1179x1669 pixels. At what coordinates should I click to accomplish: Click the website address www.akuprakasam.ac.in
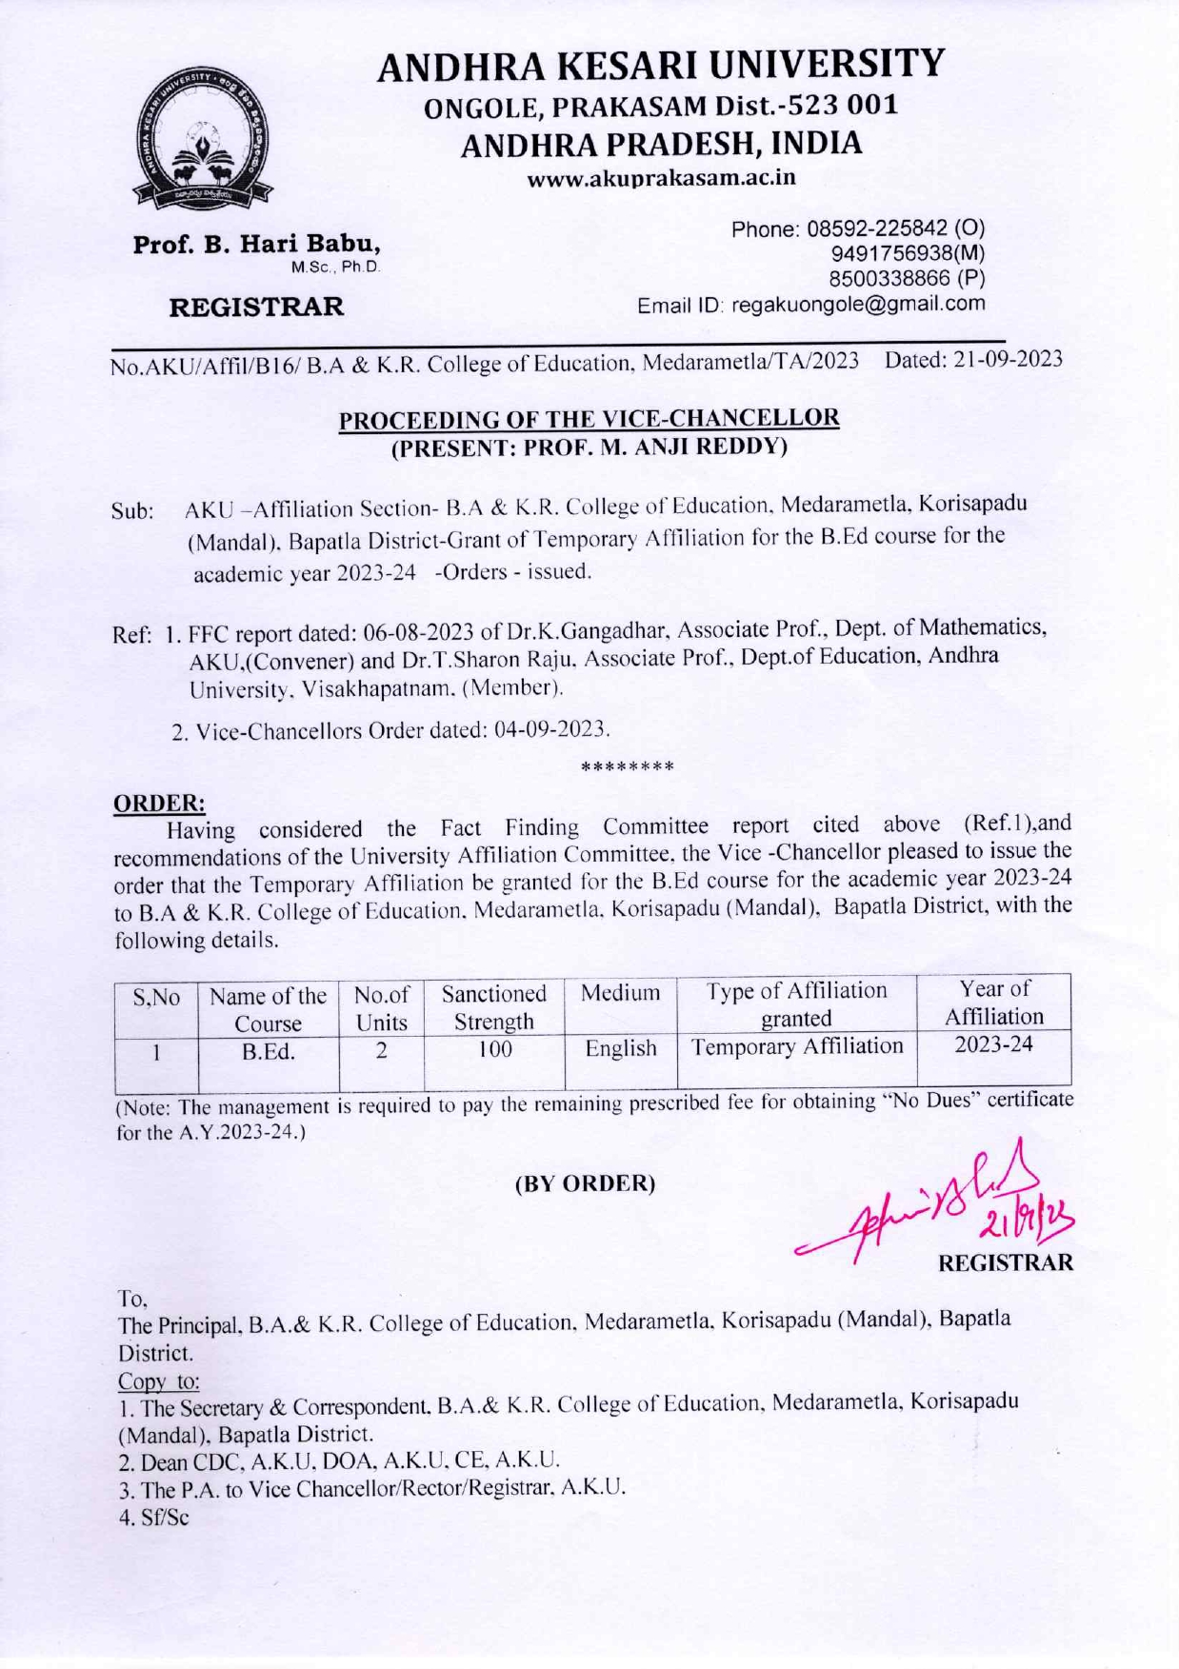[661, 178]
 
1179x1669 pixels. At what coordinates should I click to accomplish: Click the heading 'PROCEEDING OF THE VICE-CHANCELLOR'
[589, 418]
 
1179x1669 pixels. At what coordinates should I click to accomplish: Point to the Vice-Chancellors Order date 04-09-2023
[549, 730]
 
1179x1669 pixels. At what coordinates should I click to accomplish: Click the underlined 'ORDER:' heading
[159, 803]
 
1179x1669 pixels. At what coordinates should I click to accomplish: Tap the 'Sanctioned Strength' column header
[493, 1007]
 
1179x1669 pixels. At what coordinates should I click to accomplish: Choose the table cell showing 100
[494, 1049]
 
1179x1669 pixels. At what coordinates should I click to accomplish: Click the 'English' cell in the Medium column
[620, 1048]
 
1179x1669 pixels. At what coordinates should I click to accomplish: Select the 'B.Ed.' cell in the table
[268, 1052]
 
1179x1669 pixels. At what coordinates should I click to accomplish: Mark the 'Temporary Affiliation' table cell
[796, 1046]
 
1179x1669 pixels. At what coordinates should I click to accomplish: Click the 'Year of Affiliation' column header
[993, 1003]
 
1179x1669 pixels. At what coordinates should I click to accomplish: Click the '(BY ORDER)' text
[585, 1183]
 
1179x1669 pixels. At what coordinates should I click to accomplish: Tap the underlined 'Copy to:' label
[158, 1381]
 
